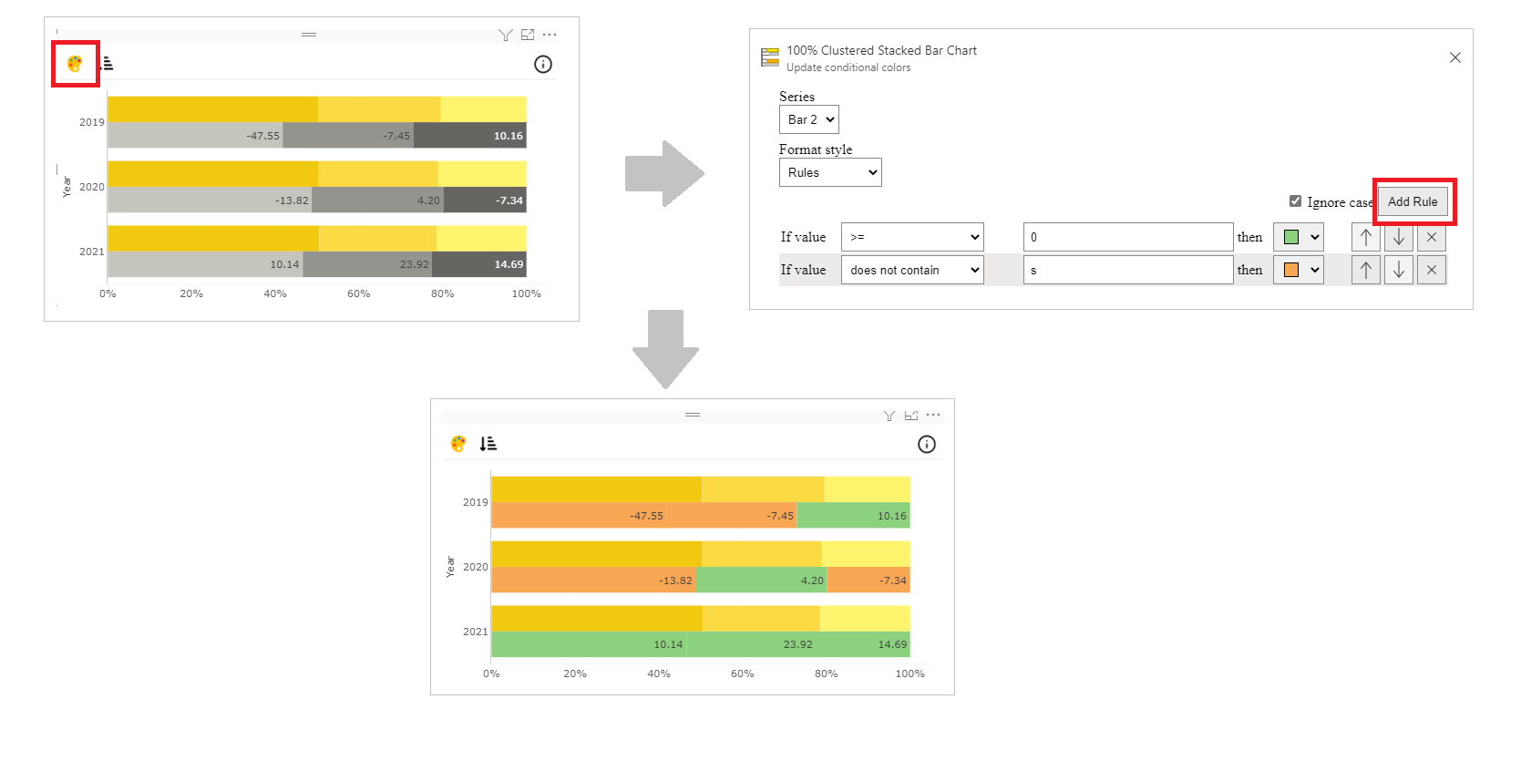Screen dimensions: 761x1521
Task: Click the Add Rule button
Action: tap(1412, 201)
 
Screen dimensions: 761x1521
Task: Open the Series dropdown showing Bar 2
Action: tap(808, 119)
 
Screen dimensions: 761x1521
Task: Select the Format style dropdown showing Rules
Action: tap(829, 172)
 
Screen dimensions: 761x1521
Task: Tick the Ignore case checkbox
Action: tap(1295, 201)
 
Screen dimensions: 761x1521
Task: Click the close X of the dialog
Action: tap(1454, 57)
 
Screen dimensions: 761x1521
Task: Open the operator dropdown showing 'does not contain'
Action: tap(911, 270)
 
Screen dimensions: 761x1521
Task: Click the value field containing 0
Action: tap(1127, 237)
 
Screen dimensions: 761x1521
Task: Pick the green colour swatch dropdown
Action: tap(1298, 237)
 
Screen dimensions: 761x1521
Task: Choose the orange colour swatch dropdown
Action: tap(1298, 270)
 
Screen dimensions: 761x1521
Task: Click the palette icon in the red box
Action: tap(75, 64)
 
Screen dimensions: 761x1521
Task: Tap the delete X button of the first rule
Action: tap(1431, 237)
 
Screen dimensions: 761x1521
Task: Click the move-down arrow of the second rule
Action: tap(1398, 270)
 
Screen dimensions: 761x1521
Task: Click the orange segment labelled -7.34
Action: tap(868, 580)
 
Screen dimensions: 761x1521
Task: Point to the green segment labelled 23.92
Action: tap(752, 644)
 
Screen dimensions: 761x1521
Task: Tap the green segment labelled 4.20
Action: tap(761, 580)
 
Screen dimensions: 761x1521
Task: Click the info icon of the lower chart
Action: tap(926, 444)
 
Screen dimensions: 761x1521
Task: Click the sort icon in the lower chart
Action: tap(488, 443)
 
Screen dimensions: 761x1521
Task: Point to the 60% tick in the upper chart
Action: tap(358, 293)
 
